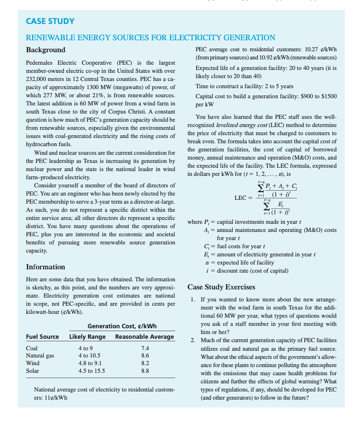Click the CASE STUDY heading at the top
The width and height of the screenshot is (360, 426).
(50, 21)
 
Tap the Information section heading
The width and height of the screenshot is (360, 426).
(45, 266)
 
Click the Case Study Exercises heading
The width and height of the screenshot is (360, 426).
(221, 287)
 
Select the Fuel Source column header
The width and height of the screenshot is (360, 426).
(42, 336)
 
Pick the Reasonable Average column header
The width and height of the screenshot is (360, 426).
(145, 336)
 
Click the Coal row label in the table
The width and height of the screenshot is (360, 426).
(32, 348)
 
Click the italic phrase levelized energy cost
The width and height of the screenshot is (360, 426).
(244, 125)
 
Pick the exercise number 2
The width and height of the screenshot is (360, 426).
(192, 340)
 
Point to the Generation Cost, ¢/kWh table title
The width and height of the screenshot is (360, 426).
(122, 326)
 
